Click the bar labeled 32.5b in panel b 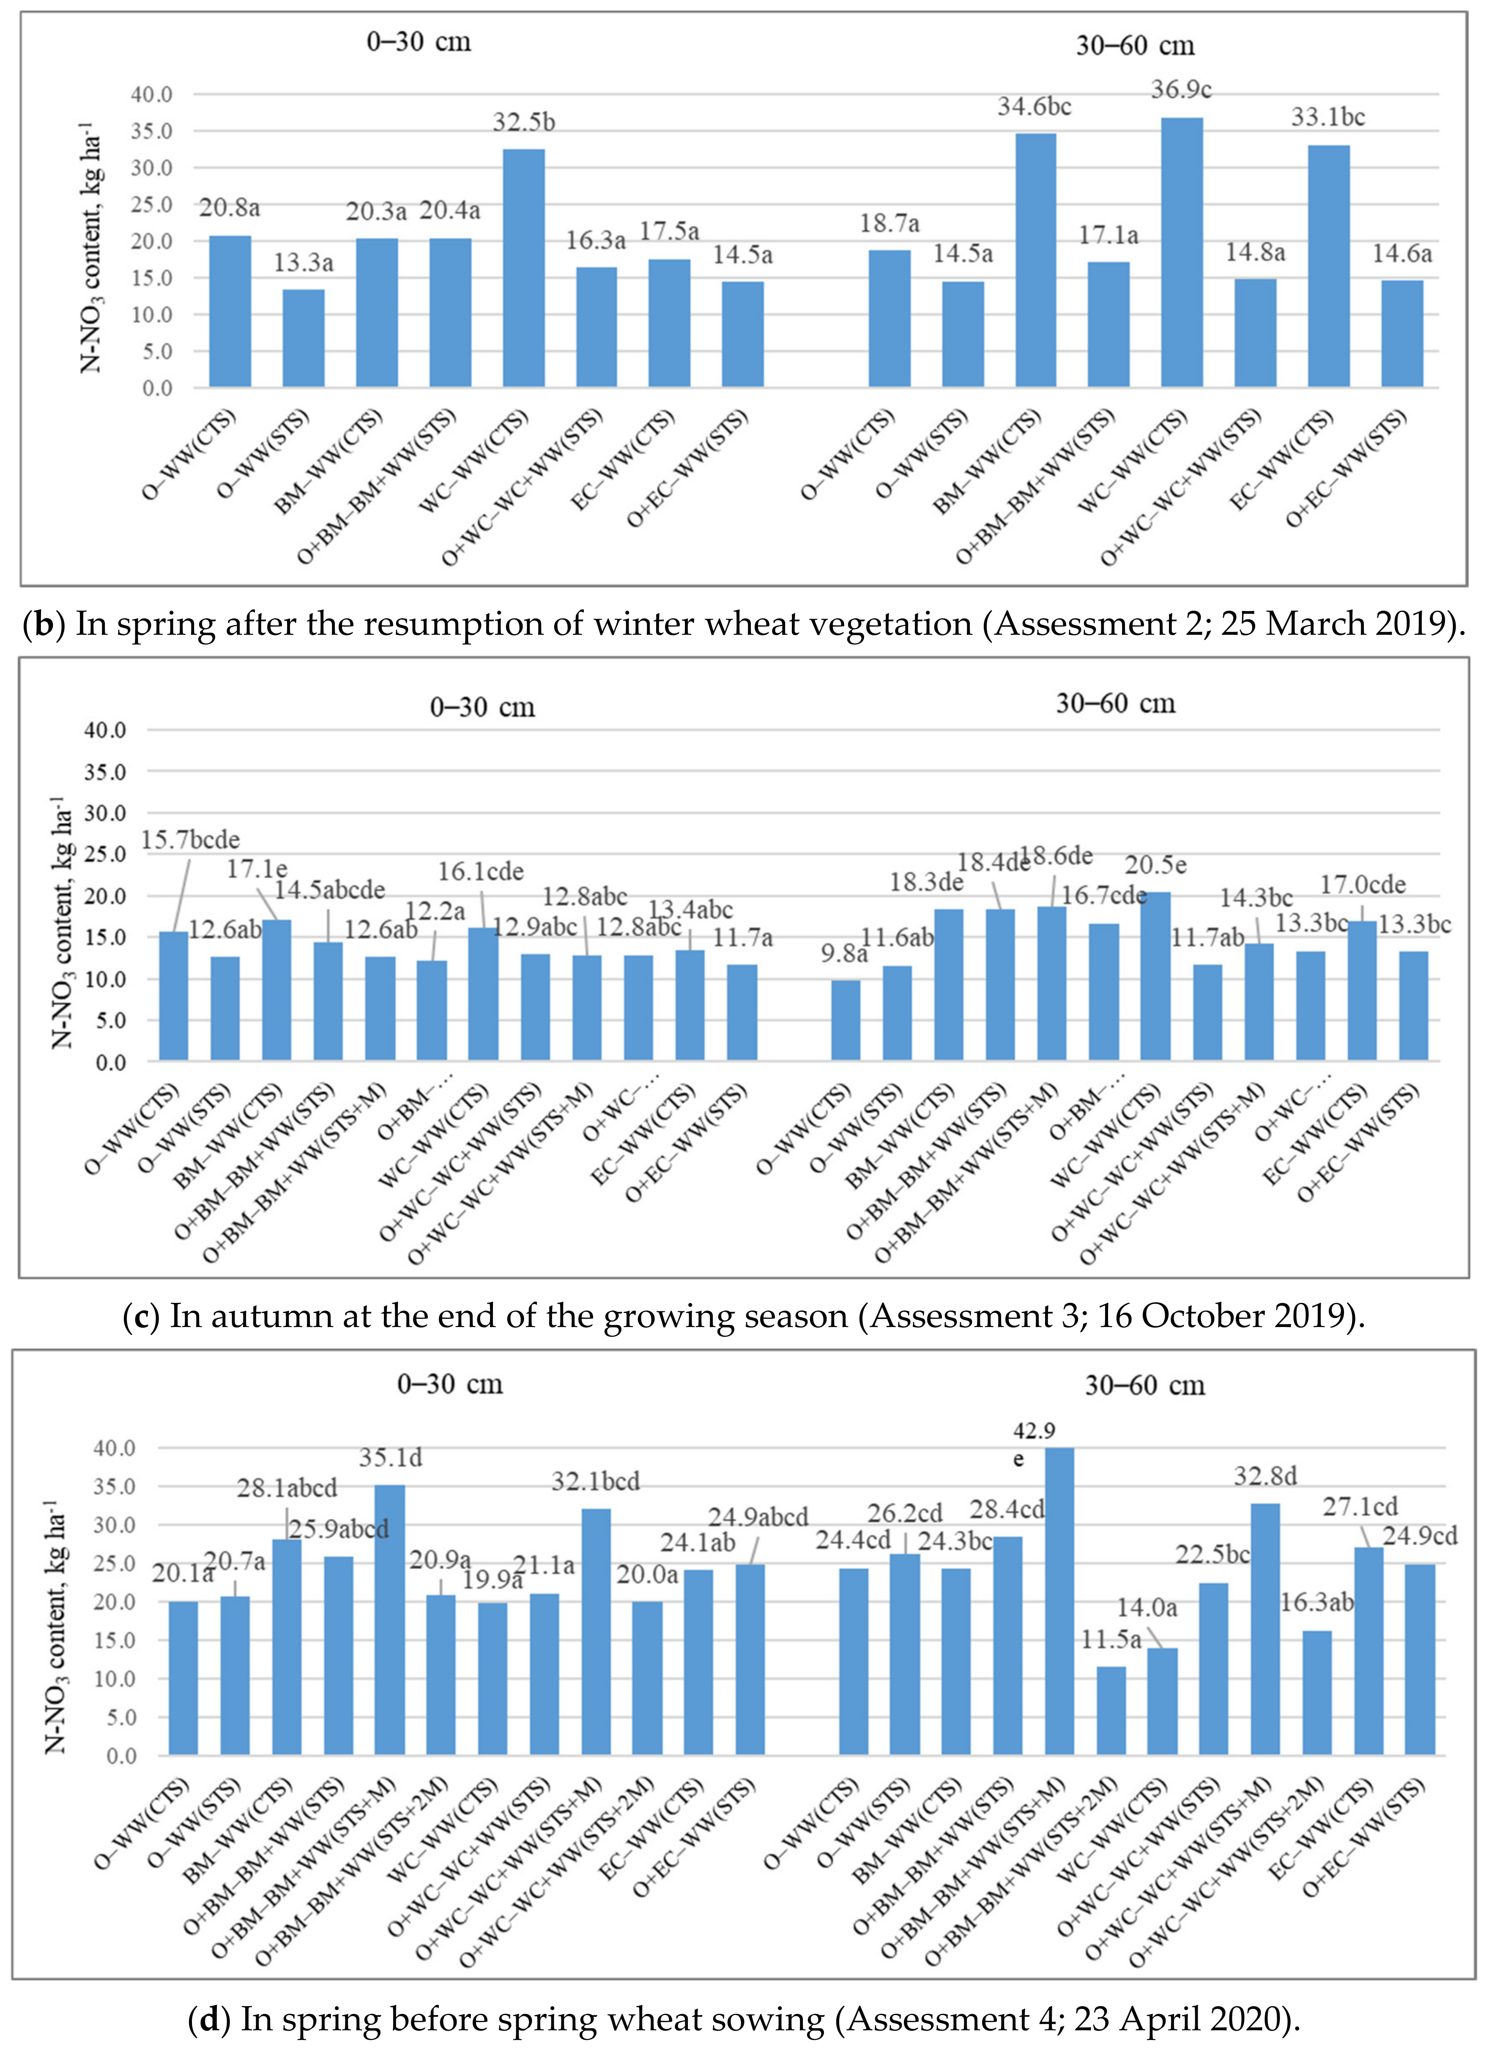(524, 268)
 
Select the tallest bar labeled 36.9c (1182, 253)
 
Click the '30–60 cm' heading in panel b (1135, 45)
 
